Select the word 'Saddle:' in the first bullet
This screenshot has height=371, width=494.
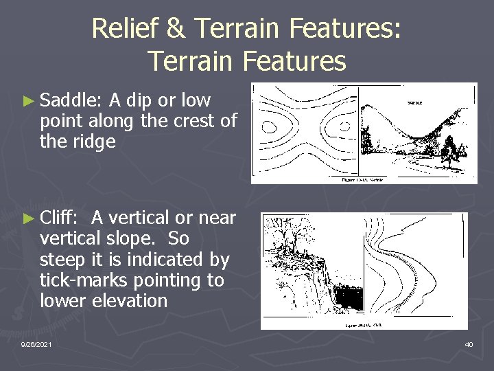pyautogui.click(x=71, y=101)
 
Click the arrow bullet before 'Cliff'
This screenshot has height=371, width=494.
pyautogui.click(x=28, y=218)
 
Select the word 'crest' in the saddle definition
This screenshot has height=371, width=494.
pyautogui.click(x=197, y=122)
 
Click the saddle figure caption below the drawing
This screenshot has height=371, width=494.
pyautogui.click(x=364, y=180)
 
